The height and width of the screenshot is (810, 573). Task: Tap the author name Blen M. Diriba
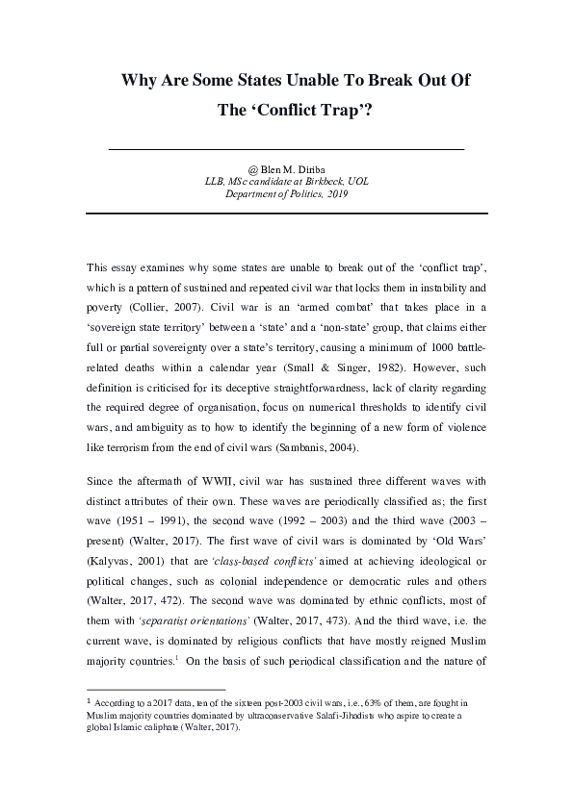[294, 167]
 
